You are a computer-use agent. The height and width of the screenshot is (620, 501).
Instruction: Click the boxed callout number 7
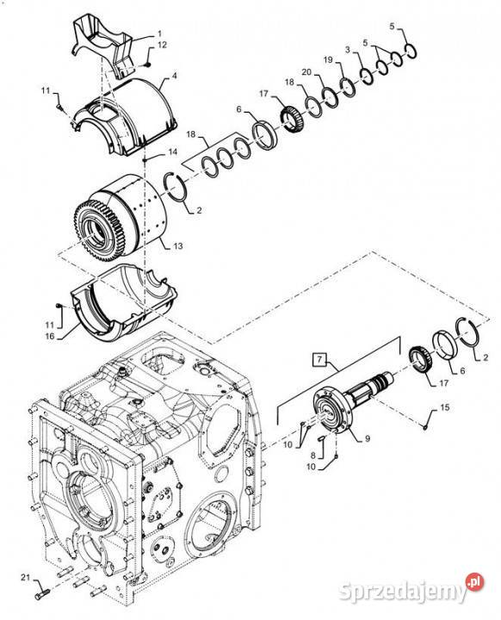coord(319,359)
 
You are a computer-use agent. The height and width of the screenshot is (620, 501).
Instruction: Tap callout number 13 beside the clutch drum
coord(178,246)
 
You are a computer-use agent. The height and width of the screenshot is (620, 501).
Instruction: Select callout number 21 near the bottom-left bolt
coord(25,578)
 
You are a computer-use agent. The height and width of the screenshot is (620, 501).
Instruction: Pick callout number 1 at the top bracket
coord(160,34)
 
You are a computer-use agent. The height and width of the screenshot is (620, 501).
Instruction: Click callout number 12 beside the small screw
coord(162,45)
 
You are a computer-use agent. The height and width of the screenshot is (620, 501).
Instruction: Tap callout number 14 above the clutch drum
coord(173,152)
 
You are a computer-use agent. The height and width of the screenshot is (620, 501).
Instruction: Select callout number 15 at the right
coord(445,406)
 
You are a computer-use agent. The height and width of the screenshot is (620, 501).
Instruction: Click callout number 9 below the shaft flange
coord(368,438)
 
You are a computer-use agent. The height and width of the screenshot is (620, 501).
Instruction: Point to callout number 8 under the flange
coord(312,455)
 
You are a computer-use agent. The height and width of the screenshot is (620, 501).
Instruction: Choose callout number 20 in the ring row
coord(306,72)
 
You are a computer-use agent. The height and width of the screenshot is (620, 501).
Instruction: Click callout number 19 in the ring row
coord(328,59)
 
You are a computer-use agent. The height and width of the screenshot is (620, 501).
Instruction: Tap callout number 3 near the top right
coord(348,50)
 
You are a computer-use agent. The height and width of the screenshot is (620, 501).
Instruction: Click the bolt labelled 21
coord(42,592)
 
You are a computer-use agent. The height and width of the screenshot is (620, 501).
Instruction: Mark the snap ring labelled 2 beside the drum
coord(176,188)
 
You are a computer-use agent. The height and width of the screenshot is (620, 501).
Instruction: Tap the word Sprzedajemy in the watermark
coord(404,592)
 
